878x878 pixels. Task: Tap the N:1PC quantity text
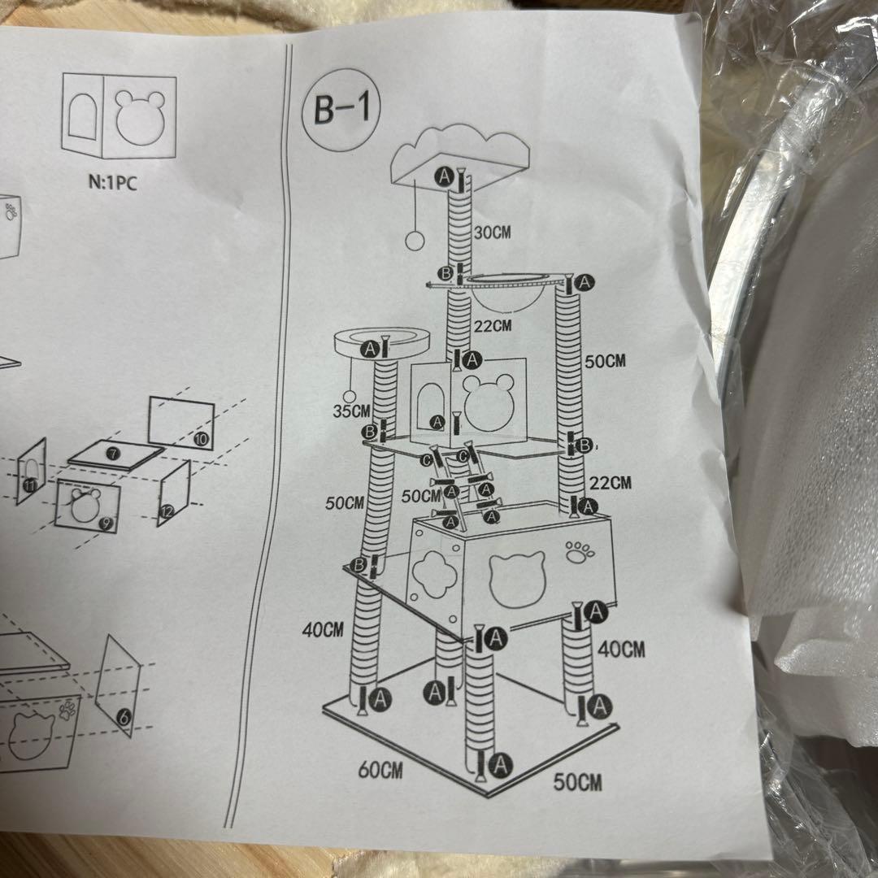(112, 181)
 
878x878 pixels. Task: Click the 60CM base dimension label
(380, 769)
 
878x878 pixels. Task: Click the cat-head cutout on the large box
(512, 576)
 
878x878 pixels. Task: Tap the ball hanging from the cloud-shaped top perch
(412, 240)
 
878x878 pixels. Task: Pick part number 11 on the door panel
(29, 485)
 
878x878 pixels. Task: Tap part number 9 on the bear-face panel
(105, 524)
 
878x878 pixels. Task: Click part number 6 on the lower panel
(123, 716)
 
